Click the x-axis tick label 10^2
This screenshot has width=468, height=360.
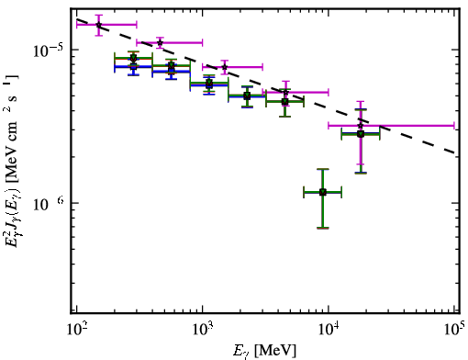pyautogui.click(x=76, y=330)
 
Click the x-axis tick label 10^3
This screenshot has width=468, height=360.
pyautogui.click(x=203, y=330)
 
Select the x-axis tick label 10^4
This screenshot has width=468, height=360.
pyautogui.click(x=329, y=330)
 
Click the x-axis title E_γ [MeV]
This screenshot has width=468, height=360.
pyautogui.click(x=264, y=351)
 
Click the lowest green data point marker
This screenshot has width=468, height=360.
pyautogui.click(x=323, y=192)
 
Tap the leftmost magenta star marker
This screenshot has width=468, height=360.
pyautogui.click(x=98, y=25)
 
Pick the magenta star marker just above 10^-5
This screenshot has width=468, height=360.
pyautogui.click(x=160, y=42)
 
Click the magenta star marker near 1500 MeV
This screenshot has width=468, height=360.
pyautogui.click(x=225, y=67)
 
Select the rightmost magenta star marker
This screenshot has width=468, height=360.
pyautogui.click(x=361, y=126)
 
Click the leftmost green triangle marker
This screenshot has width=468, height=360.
pyautogui.click(x=133, y=59)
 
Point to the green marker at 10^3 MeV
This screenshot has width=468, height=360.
pyautogui.click(x=209, y=83)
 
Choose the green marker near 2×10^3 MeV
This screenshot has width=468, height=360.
pyautogui.click(x=247, y=96)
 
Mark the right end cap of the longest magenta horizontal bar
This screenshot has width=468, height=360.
pyautogui.click(x=454, y=126)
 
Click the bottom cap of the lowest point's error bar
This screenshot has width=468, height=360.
pyautogui.click(x=323, y=228)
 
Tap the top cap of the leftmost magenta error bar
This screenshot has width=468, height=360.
pyautogui.click(x=98, y=15)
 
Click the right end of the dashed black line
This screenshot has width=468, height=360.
pyautogui.click(x=456, y=152)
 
